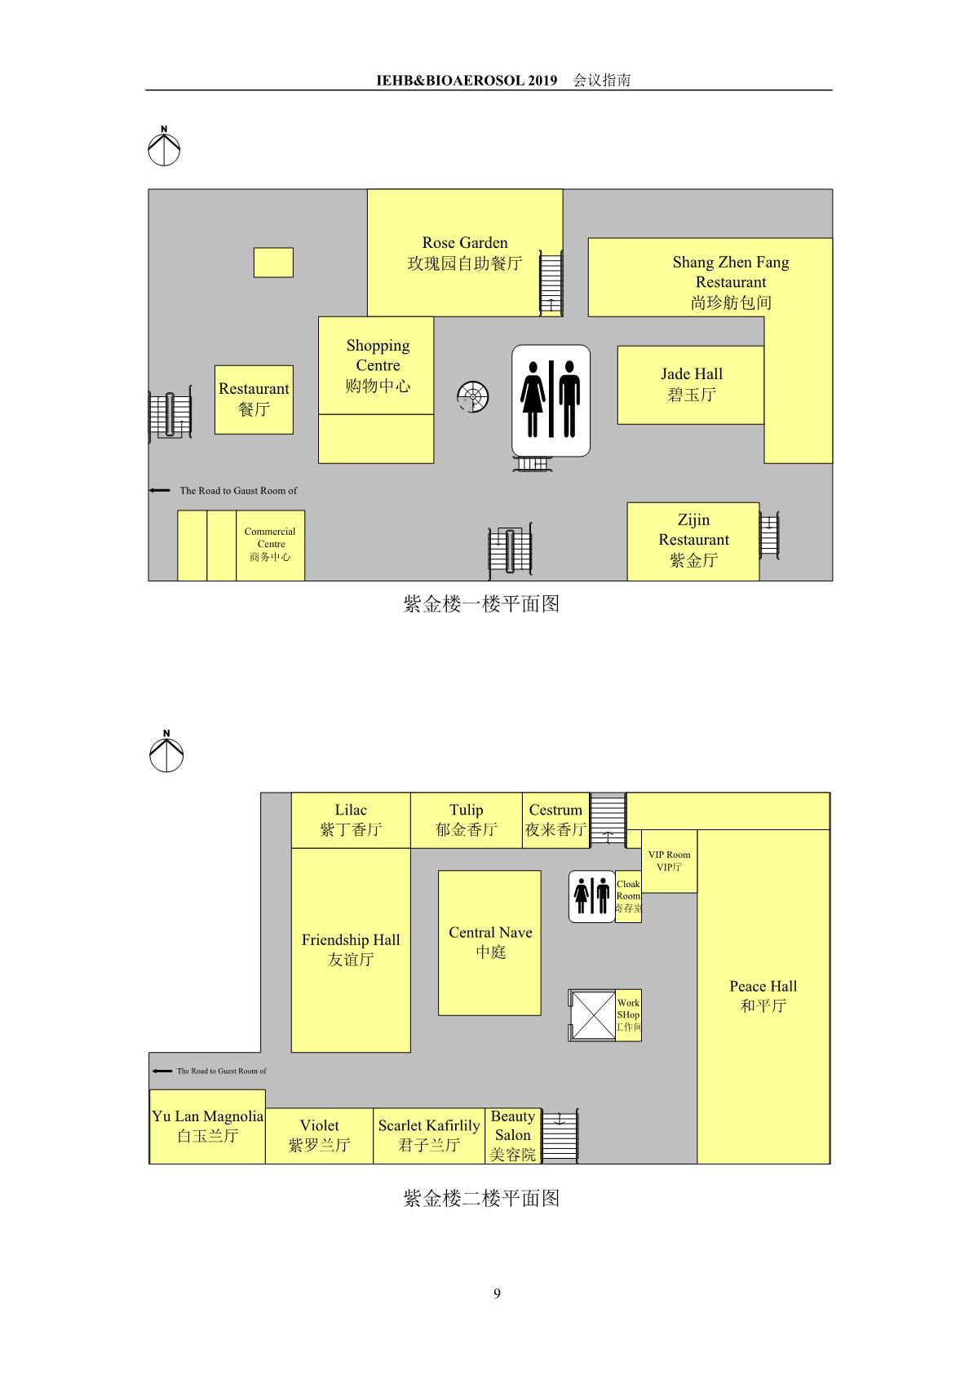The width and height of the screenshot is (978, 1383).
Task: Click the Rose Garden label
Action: [x=465, y=253]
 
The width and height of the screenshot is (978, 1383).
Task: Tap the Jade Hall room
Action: [x=690, y=385]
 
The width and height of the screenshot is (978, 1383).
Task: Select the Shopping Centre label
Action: [x=377, y=365]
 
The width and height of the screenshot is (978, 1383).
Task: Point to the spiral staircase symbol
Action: [x=473, y=396]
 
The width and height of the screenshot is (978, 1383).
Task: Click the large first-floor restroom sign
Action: [x=551, y=400]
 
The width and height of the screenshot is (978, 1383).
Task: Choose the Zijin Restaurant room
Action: [x=693, y=541]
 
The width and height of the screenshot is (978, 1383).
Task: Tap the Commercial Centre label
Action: [x=270, y=544]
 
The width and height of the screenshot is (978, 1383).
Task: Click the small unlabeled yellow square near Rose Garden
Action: [x=273, y=263]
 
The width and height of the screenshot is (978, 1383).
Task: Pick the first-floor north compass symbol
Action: [x=164, y=146]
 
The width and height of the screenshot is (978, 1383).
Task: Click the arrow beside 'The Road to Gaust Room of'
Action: [x=159, y=490]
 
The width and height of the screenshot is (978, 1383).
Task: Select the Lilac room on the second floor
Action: [x=351, y=820]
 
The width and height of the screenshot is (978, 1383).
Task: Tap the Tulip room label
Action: [x=466, y=820]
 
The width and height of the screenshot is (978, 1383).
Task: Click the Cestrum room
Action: [x=555, y=820]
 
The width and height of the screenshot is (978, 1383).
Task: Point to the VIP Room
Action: [x=670, y=860]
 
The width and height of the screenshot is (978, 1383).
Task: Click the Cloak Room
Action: [x=629, y=896]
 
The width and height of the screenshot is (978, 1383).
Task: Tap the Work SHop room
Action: [x=629, y=1016]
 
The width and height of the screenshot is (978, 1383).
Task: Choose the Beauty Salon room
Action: [x=513, y=1136]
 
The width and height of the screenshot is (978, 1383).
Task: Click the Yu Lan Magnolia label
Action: [x=207, y=1125]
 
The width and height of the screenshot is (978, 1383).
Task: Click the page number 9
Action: [x=497, y=1293]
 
